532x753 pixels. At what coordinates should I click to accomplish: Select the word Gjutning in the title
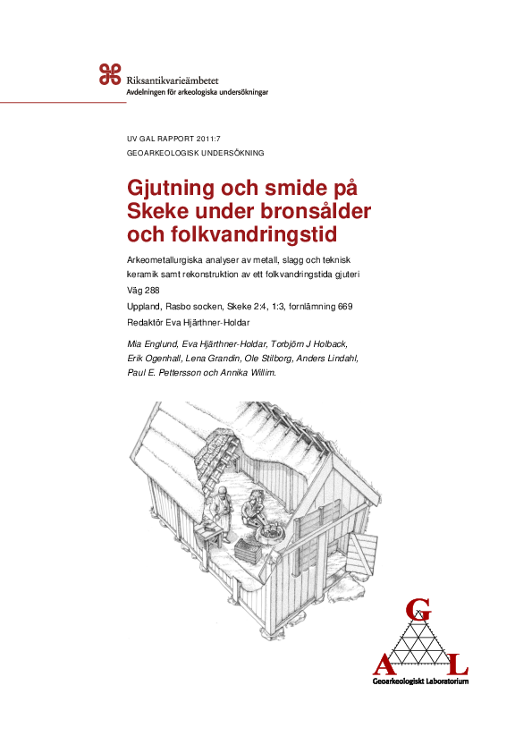tap(173, 190)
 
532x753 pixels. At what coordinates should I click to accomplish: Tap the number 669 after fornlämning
tap(344, 307)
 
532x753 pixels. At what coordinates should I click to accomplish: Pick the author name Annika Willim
tap(251, 372)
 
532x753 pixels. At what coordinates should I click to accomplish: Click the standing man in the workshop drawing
tap(216, 518)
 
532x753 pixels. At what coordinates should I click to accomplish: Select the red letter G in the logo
tap(415, 610)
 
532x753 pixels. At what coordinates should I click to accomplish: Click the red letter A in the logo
tap(383, 666)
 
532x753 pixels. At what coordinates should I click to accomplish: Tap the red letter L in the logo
tap(457, 666)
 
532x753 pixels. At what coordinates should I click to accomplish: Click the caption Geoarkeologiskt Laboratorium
tap(420, 682)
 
